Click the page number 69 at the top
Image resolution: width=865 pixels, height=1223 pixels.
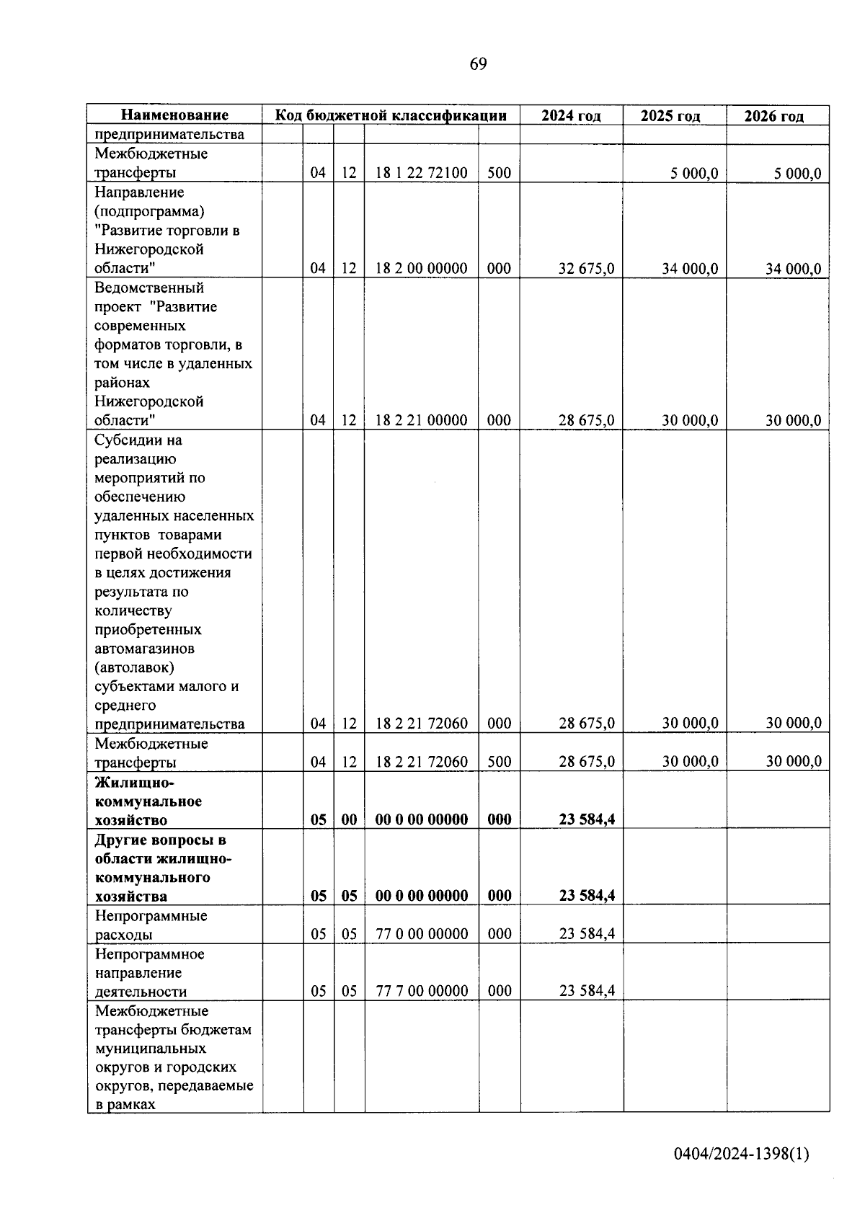click(478, 64)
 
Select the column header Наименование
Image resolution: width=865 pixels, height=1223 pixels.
click(174, 115)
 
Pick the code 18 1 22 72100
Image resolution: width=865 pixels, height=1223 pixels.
click(421, 173)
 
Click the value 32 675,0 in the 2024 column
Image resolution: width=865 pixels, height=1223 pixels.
click(586, 269)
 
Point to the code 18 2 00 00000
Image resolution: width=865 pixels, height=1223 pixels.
click(421, 269)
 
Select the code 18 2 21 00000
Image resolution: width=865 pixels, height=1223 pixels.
click(421, 420)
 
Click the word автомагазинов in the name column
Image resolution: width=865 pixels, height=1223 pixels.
click(144, 649)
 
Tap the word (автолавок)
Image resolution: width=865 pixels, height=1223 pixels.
click(134, 667)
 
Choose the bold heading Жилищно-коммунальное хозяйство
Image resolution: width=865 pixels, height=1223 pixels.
click(148, 801)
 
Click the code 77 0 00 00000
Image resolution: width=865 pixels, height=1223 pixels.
click(422, 934)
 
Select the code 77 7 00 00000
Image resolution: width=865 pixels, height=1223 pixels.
click(422, 991)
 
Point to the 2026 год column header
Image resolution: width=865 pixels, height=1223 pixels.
click(773, 116)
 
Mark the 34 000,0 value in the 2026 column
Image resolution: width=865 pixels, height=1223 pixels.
click(793, 269)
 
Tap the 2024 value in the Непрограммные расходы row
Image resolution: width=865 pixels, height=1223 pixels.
click(586, 934)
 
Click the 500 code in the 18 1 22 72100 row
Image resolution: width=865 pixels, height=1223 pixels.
click(499, 173)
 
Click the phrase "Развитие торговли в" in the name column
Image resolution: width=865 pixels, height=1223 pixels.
click(167, 231)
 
